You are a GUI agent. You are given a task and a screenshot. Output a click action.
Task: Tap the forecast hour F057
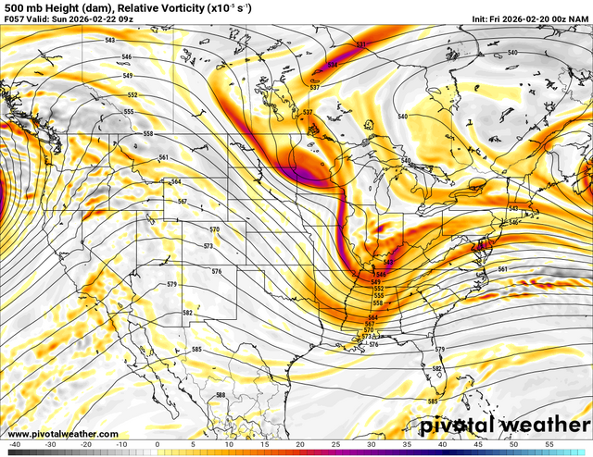(14, 19)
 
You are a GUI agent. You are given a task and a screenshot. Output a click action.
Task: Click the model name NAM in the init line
(580, 19)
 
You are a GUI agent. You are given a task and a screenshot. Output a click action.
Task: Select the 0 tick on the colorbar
(157, 444)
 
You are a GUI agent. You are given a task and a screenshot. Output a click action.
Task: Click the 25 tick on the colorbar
(335, 444)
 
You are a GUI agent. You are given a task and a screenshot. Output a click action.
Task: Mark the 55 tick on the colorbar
(549, 444)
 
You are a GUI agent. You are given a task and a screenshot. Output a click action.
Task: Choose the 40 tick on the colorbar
(443, 444)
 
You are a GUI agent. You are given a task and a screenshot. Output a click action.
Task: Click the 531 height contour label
(361, 44)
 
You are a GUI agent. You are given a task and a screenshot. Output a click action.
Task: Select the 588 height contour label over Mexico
(221, 395)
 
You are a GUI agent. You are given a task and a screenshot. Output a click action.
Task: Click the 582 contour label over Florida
(435, 369)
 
